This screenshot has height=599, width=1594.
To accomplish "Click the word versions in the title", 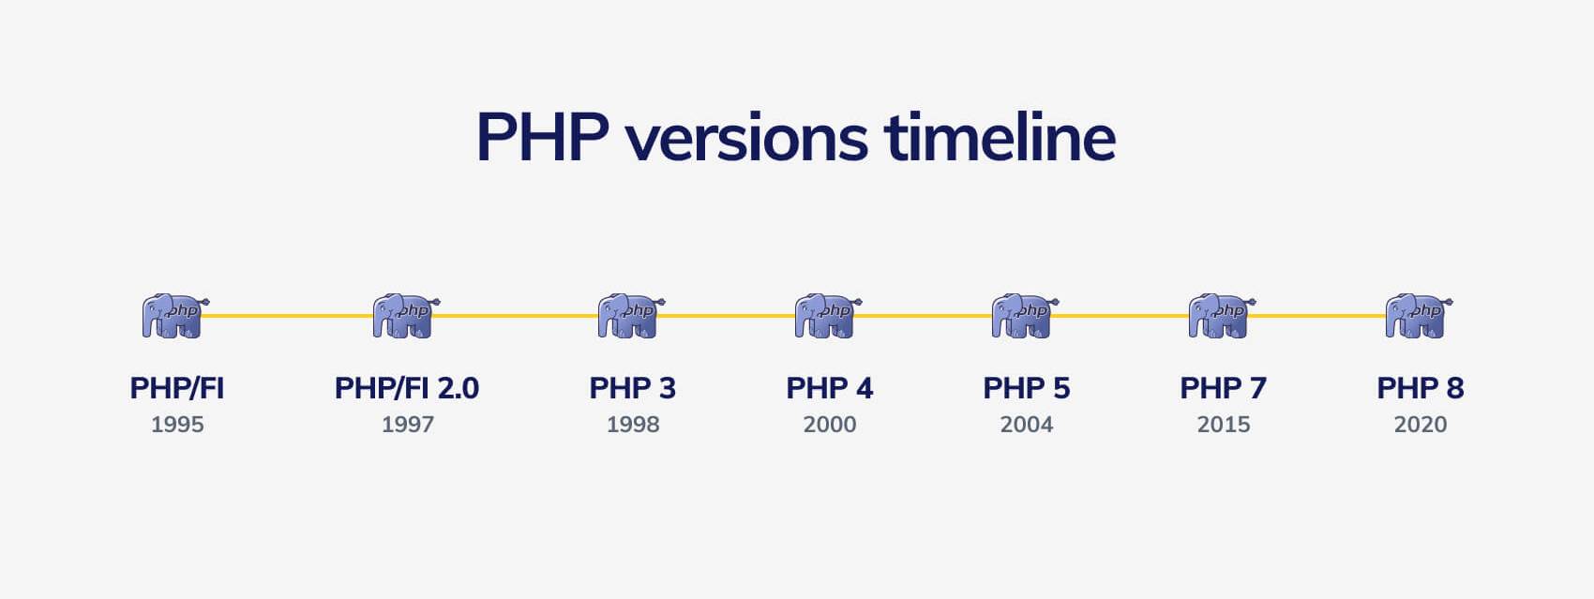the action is [x=747, y=138].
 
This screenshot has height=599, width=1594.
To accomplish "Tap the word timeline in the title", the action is [x=1000, y=137].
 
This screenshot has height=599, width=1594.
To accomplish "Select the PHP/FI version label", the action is [x=177, y=388].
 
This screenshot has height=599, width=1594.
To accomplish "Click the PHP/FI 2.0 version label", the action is [x=407, y=388].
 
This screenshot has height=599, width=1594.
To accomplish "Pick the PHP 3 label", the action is [x=633, y=388].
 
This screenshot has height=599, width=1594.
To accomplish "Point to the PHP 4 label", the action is [x=830, y=388].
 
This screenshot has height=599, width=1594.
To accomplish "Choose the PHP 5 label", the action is [x=1026, y=388].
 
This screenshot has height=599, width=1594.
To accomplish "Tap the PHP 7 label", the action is [x=1224, y=388].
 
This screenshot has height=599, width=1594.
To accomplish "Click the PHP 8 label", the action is [x=1421, y=388].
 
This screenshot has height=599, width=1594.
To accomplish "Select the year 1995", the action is [x=177, y=425].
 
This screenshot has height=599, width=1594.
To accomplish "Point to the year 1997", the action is [x=408, y=425].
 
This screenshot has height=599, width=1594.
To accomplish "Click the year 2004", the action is [x=1027, y=425].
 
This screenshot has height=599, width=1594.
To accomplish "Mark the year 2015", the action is [x=1224, y=425].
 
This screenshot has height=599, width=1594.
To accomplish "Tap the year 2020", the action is [x=1421, y=425].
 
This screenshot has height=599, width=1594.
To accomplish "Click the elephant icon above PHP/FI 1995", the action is [x=175, y=316].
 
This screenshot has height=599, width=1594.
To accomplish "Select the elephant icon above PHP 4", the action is [x=828, y=316].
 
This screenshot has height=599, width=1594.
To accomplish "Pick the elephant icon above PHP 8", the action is [x=1419, y=316].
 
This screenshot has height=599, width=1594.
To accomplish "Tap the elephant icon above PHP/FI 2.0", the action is [x=406, y=316].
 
